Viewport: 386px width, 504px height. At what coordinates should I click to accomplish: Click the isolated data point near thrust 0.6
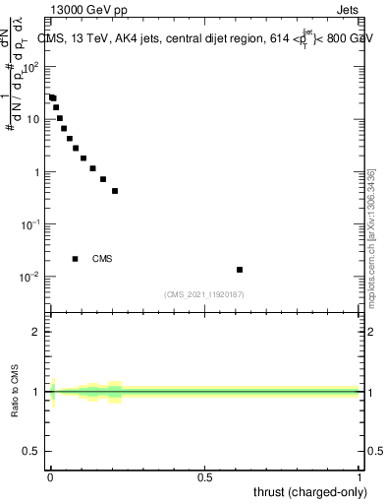pos(240,269)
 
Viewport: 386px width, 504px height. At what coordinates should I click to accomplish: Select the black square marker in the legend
pos(76,259)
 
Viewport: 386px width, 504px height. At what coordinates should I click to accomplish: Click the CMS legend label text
pos(102,259)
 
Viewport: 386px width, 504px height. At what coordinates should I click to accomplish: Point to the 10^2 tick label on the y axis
pos(33,67)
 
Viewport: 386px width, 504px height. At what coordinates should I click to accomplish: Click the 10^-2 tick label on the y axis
pos(33,277)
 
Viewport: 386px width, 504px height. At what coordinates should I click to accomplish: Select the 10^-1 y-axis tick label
pos(33,224)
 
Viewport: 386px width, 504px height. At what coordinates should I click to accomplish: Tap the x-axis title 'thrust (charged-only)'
pos(310,491)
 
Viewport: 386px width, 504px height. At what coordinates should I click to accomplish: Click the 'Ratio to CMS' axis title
pos(16,391)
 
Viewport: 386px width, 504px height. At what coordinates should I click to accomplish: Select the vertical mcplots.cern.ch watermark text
pos(371,236)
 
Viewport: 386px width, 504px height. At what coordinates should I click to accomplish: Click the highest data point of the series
pos(51,97)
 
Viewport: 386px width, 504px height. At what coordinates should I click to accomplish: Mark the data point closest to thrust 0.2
pos(115,191)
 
